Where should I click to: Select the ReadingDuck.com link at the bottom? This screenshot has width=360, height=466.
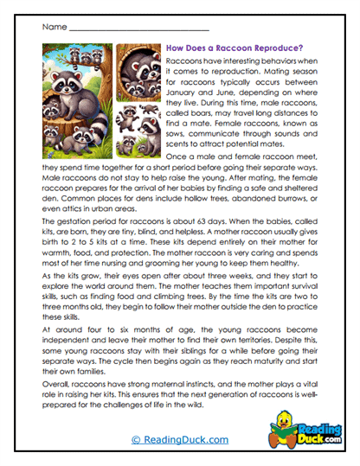179,440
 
